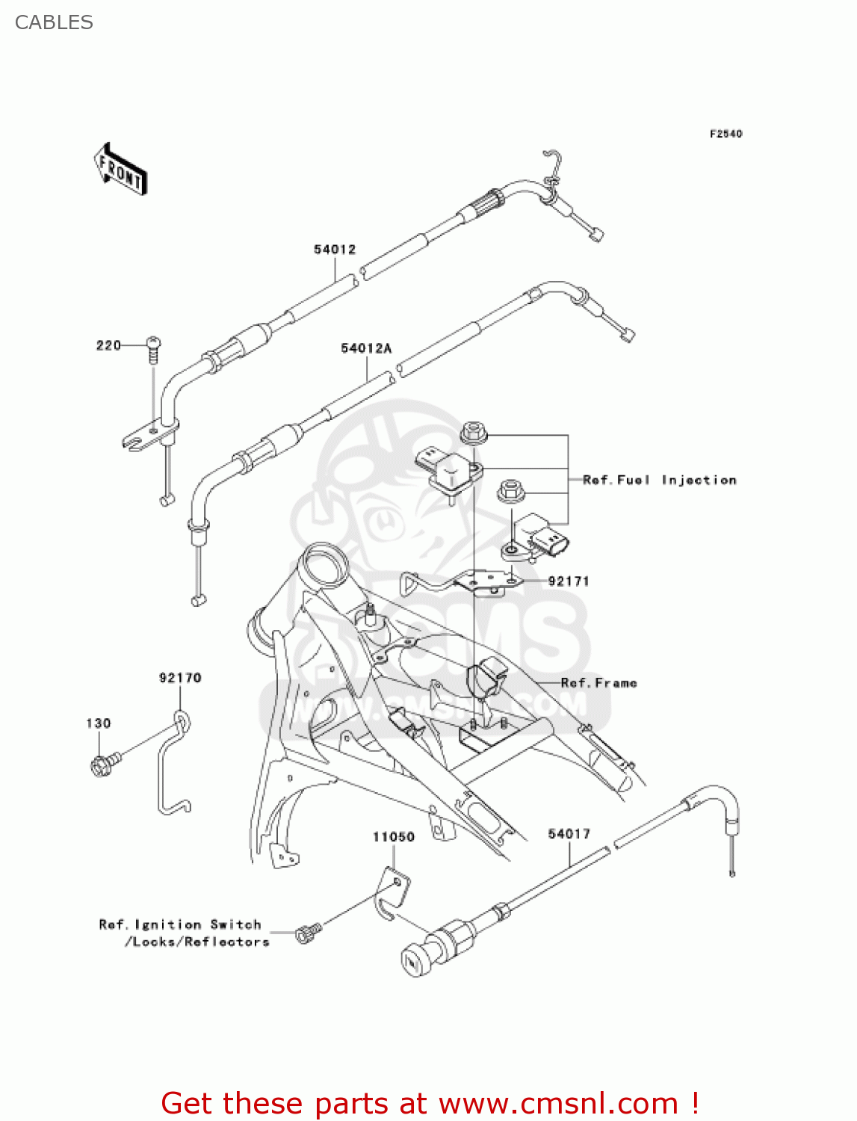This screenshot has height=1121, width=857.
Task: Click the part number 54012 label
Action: click(x=335, y=250)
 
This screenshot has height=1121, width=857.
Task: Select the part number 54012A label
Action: click(x=366, y=348)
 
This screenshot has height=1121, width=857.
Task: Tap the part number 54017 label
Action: click(x=569, y=834)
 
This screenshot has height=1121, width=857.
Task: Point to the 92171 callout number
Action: click(x=569, y=581)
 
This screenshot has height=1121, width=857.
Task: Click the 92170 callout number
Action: click(x=180, y=678)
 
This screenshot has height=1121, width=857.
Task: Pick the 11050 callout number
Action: click(x=394, y=837)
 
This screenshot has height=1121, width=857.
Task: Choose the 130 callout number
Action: click(x=99, y=723)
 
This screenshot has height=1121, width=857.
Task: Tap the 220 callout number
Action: click(x=108, y=345)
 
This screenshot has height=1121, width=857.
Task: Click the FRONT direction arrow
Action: click(x=120, y=169)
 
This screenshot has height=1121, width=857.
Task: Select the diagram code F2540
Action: click(x=725, y=134)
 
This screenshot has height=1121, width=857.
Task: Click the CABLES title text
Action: click(x=54, y=22)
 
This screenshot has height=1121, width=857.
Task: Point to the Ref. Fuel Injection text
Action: click(x=660, y=480)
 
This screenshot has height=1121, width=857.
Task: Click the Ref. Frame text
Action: click(x=599, y=683)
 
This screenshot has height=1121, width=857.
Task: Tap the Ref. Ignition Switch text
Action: click(x=180, y=925)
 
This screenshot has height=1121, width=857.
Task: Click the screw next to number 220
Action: click(x=154, y=349)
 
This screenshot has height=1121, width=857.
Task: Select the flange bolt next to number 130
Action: click(x=103, y=765)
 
